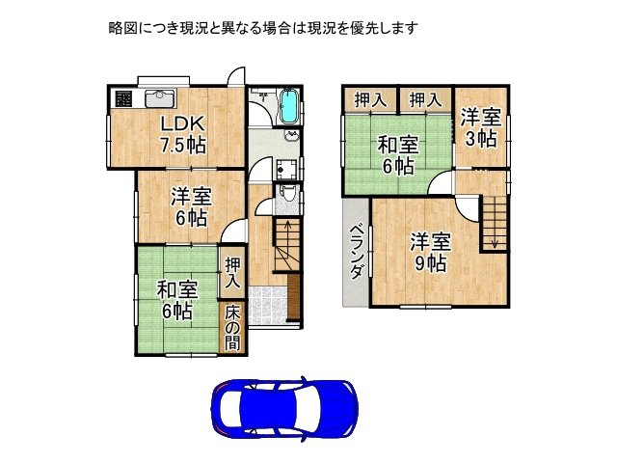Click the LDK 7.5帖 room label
pos(182,134)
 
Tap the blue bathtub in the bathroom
pos(289,108)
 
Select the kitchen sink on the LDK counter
pos(159,97)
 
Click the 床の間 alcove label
pos(233,328)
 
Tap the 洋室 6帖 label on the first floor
pos(191,206)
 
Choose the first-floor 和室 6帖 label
pos(177,299)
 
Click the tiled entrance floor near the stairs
pos(274,305)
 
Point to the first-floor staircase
pos(286,247)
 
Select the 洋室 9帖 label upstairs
pos(429,252)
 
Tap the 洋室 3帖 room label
pos(479,127)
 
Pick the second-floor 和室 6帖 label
pos(397,154)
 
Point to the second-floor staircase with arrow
pos(495,221)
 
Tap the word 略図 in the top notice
pos(123,28)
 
